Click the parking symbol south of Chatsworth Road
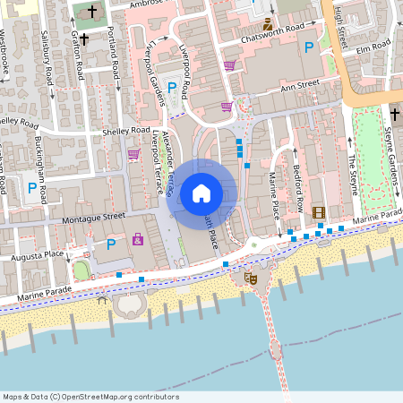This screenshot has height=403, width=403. pos(309,47)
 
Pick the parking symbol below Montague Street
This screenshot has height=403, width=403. pos(111,244)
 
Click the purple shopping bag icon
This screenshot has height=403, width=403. pos(137,239)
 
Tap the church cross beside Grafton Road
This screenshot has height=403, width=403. pos(84,39)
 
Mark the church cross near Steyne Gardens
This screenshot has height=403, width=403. pos(394,114)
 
